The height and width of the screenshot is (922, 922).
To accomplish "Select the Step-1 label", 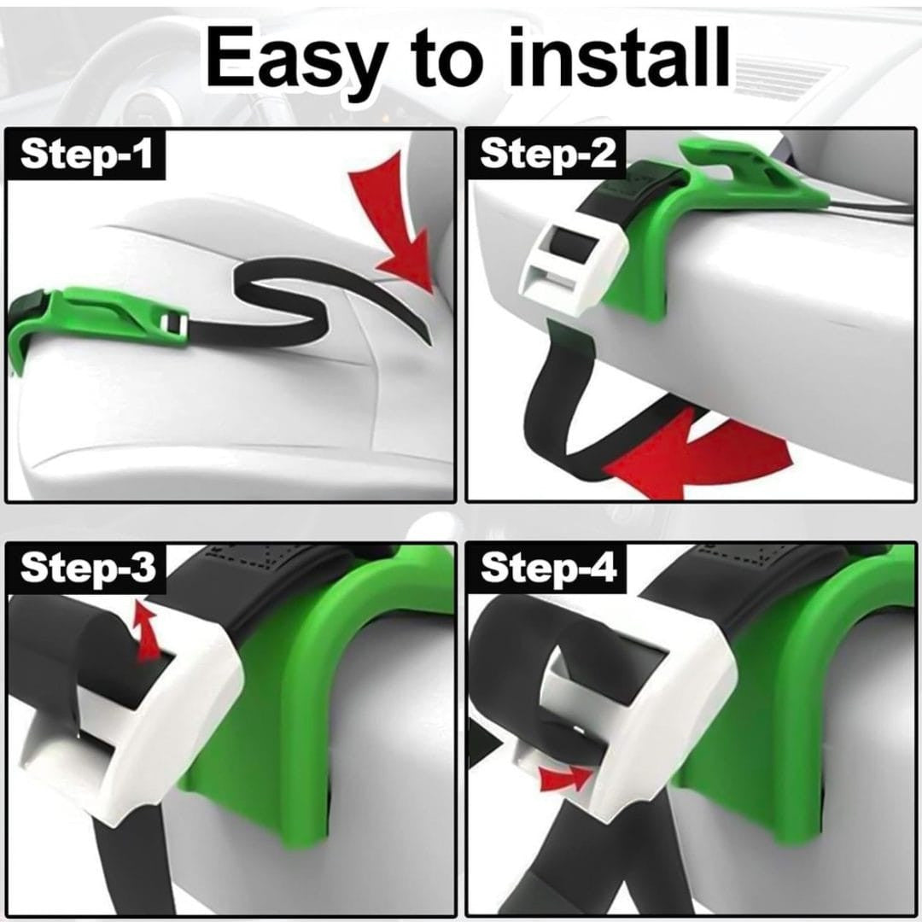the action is [x=86, y=154].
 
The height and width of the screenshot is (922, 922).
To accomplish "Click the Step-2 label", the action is [x=548, y=154].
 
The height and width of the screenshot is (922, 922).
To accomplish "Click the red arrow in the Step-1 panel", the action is [x=397, y=224].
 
